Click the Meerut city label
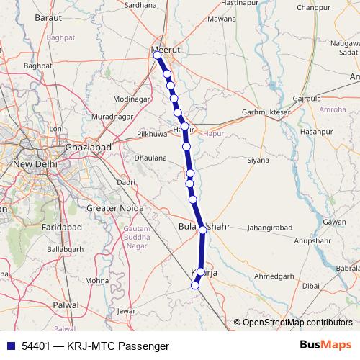tap(166, 50)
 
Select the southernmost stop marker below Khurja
tap(194, 286)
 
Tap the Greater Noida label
tap(113, 209)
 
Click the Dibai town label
tap(310, 285)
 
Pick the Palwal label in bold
tap(66, 305)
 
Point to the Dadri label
tap(126, 183)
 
